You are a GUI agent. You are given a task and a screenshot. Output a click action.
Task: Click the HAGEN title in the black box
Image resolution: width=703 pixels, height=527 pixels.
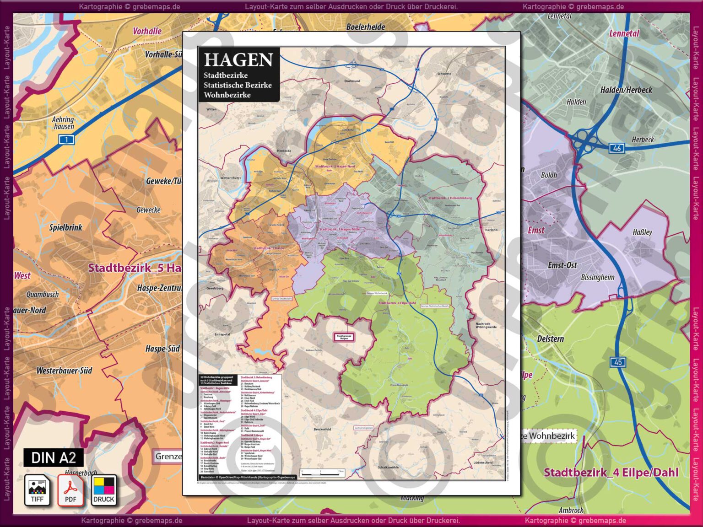(x=238, y=60)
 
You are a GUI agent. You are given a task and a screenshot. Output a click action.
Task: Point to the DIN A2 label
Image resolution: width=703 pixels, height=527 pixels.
(x=54, y=457)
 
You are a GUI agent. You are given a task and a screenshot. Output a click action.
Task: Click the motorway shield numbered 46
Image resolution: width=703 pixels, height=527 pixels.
(x=616, y=148)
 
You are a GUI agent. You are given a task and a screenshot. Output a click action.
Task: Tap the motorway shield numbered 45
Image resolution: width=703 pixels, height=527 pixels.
(x=618, y=362)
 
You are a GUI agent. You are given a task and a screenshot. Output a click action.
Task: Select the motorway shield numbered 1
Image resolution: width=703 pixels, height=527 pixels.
(x=66, y=140)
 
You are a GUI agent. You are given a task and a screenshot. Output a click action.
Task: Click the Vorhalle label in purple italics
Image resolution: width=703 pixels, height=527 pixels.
(x=147, y=31)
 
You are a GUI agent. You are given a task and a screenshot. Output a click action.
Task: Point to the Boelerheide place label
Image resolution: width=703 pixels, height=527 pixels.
(x=365, y=27)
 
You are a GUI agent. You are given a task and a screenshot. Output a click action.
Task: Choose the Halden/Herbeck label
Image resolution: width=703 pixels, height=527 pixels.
(x=626, y=90)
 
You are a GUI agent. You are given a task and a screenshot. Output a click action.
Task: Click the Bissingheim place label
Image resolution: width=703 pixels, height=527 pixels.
(x=597, y=277)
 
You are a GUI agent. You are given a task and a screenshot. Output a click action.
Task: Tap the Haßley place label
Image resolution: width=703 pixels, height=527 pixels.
(x=642, y=232)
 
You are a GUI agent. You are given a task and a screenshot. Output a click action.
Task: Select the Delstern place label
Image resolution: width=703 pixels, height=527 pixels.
(x=550, y=339)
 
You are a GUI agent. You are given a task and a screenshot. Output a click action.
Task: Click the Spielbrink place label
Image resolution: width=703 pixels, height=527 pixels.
(x=66, y=227)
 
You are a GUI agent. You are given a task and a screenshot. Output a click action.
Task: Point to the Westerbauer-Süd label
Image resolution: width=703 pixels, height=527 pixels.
(x=64, y=371)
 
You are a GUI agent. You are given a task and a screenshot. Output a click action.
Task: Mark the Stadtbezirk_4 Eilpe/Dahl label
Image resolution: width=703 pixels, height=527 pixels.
(x=611, y=473)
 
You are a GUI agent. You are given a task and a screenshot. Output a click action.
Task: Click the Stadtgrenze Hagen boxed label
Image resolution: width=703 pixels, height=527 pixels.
(x=344, y=337)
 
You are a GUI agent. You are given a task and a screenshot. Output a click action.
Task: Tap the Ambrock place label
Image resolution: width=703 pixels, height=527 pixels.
(x=571, y=510)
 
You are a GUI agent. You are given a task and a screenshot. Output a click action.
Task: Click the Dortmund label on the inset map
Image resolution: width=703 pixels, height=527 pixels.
(x=352, y=81)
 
